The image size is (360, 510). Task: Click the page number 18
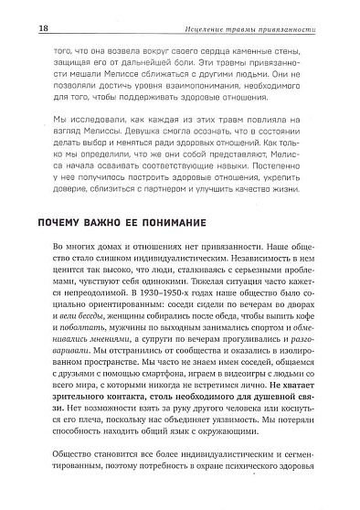(x=18, y=29)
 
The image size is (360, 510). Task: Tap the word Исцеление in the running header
(x=216, y=30)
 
